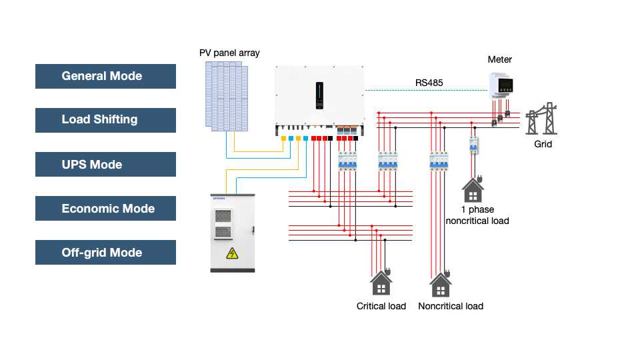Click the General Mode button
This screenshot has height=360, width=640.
click(105, 76)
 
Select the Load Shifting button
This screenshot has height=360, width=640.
click(105, 120)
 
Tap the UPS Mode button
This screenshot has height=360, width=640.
click(105, 165)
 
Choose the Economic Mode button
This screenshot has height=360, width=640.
click(105, 209)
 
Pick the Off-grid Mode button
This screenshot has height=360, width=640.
click(105, 253)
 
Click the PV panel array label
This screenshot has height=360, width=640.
click(229, 53)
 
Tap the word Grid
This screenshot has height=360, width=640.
click(543, 144)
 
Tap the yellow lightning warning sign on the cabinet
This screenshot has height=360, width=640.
click(232, 253)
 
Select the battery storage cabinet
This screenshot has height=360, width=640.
click(233, 233)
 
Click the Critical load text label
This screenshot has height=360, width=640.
click(381, 306)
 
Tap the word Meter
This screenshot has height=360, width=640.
click(500, 60)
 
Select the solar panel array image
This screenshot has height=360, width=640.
click(226, 95)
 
